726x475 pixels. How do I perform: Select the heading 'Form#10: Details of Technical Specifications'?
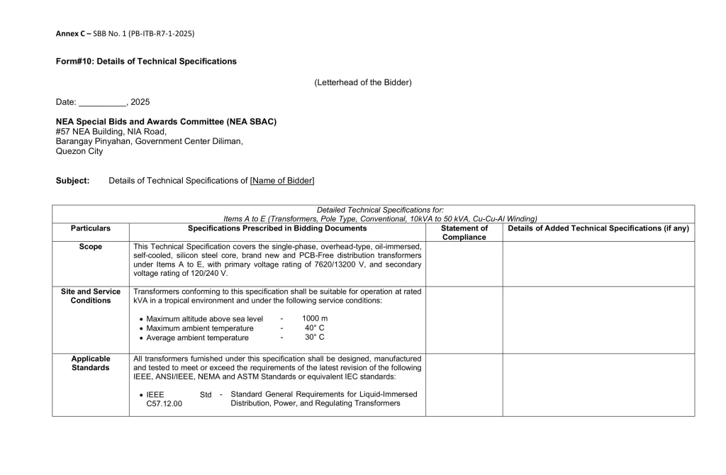[x=146, y=62]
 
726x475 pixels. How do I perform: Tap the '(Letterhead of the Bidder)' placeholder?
[x=362, y=83]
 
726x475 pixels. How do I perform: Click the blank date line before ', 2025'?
[x=102, y=103]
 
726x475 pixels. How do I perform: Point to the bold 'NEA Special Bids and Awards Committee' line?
[x=166, y=122]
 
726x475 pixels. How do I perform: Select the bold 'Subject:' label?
[x=73, y=181]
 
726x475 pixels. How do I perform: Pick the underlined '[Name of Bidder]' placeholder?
[x=282, y=181]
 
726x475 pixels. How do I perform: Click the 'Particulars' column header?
[x=91, y=228]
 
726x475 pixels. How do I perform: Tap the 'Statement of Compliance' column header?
[x=464, y=233]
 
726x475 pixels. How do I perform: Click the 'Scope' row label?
[x=91, y=247]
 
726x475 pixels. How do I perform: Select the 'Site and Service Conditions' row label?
[x=91, y=296]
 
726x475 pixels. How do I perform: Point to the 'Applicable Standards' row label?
[x=91, y=363]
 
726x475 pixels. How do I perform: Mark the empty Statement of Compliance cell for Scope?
[x=464, y=264]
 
